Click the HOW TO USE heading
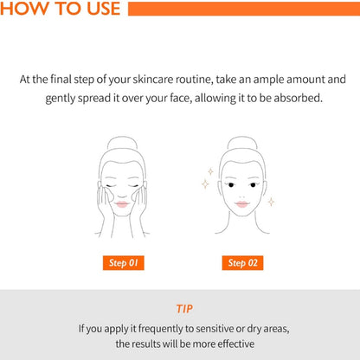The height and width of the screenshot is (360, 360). [x=60, y=8]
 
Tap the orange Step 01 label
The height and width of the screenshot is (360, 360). [x=124, y=263]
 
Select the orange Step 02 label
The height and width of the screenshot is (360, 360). [x=242, y=263]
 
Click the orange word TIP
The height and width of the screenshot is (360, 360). [x=184, y=309]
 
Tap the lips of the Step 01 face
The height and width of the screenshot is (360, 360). [x=122, y=204]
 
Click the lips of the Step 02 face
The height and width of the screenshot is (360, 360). [x=242, y=204]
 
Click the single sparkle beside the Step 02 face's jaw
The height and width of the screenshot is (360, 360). [x=271, y=202]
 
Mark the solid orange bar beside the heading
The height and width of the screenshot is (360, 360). [x=244, y=9]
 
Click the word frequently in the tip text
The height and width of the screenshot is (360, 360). [x=160, y=329]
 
